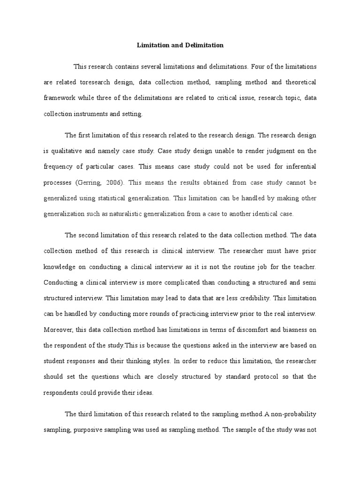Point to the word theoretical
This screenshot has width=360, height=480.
click(299, 82)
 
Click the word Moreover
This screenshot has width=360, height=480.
click(58, 330)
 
